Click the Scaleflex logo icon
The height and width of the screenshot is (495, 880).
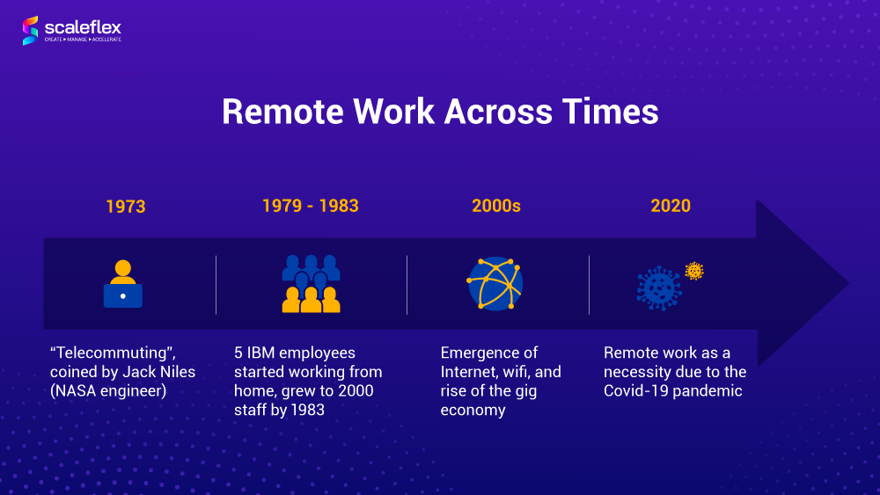pos(30,30)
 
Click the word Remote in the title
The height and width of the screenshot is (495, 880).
pos(282,111)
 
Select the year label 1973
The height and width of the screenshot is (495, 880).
pos(126,207)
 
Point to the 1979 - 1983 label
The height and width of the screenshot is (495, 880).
pos(311,206)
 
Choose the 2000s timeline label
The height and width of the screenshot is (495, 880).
pos(496,206)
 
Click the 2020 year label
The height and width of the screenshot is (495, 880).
pos(671,206)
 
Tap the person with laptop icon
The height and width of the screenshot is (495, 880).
pos(123,284)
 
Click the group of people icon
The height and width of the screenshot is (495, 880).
pos(311,284)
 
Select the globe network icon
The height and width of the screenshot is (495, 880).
pos(495,284)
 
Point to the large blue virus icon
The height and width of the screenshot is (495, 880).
pos(659,288)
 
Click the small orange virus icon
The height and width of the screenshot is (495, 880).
pos(694,271)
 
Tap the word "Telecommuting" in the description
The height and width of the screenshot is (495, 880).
pos(113,353)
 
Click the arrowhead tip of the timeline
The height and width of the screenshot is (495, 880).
pos(848,284)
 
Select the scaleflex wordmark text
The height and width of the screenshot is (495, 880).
pos(83,27)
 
